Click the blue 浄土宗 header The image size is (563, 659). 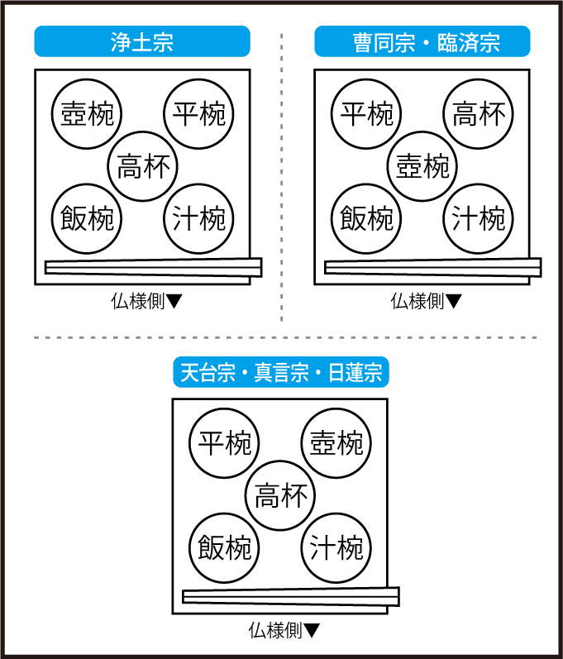click(x=141, y=42)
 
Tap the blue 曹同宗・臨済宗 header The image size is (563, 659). click(x=422, y=42)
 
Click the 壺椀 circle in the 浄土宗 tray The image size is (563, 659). click(x=87, y=114)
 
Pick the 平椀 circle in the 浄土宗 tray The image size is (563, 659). click(x=198, y=114)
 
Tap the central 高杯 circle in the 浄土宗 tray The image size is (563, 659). click(x=143, y=166)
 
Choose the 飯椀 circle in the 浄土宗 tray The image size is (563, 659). click(x=87, y=219)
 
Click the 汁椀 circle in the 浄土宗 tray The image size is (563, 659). click(x=198, y=219)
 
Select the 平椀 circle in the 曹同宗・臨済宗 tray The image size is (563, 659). click(x=367, y=114)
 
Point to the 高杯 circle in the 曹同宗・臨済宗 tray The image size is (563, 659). click(x=479, y=114)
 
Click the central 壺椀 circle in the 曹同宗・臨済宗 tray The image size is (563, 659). click(x=422, y=166)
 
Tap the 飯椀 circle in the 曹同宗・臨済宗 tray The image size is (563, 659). click(x=367, y=219)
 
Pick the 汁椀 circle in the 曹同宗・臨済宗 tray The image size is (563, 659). click(x=479, y=219)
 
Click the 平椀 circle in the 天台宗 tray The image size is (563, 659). click(x=224, y=443)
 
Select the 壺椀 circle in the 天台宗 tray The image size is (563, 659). click(x=336, y=443)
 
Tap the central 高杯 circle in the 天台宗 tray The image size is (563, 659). click(x=281, y=496)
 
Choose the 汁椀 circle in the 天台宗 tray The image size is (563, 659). click(x=336, y=548)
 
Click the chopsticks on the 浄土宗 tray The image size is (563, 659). click(x=153, y=266)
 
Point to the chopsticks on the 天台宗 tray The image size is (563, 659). click(x=290, y=595)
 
